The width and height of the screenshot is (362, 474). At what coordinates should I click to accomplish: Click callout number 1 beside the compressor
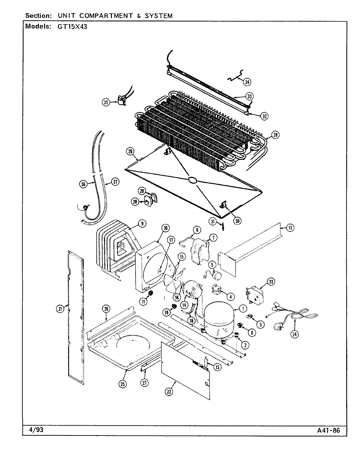pos(243,309)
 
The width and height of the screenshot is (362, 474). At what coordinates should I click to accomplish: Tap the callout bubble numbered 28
pos(275,134)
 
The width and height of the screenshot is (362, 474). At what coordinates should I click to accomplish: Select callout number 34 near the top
pos(247,82)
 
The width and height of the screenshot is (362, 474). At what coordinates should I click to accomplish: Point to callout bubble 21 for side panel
pos(60,309)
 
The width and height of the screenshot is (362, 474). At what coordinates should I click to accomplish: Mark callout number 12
pos(290,227)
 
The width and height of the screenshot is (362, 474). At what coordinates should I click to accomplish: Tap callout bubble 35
pos(106,102)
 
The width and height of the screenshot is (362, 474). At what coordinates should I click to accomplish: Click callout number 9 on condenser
pos(142,224)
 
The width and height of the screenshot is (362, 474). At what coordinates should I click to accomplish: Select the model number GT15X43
pos(70,27)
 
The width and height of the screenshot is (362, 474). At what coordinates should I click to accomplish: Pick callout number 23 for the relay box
pos(271,281)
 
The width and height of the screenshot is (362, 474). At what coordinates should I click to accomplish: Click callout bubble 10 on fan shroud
pos(165,228)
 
